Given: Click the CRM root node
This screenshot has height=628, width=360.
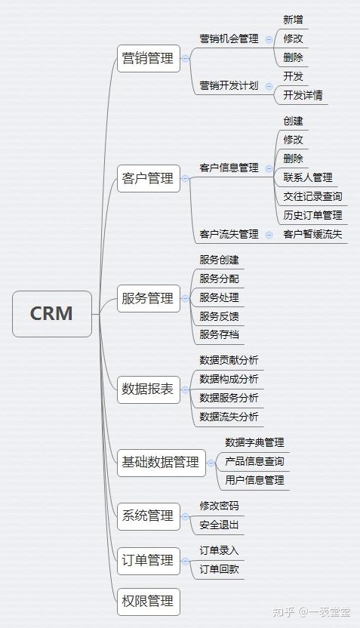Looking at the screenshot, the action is tap(52, 313).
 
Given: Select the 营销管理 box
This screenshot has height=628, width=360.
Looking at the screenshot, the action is tap(149, 58).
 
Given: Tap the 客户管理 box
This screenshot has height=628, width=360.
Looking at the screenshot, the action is tap(149, 178).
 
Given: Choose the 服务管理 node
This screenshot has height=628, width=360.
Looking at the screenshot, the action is tap(149, 298).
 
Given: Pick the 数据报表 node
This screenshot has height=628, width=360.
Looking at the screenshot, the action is tap(149, 389).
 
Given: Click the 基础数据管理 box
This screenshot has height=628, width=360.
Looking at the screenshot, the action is tap(162, 463).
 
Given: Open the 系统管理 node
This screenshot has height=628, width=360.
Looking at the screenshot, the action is tap(149, 516).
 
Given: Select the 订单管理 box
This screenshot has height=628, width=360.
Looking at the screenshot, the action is tap(149, 561).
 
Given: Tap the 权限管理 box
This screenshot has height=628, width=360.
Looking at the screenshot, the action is tap(149, 602).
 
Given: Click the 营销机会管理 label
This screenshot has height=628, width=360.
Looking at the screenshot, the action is tap(229, 38).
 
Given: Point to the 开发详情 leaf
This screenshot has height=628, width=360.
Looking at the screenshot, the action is tap(303, 95).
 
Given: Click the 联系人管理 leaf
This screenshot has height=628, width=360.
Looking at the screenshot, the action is tap(308, 177).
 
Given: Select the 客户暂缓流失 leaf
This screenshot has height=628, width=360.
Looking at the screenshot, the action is tap(312, 234).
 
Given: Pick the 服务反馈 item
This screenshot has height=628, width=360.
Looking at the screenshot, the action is tap(219, 316).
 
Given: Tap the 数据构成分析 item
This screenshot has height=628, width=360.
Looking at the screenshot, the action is tap(229, 379).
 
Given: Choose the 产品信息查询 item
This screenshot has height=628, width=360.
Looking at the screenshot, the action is tap(254, 461).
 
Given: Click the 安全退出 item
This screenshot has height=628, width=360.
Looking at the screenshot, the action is tap(219, 525).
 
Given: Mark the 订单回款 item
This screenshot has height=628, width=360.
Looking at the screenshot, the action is tap(219, 569).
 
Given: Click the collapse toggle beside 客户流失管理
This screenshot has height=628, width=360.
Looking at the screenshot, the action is tap(269, 235).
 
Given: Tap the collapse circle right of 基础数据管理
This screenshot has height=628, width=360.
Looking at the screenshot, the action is tap(211, 463).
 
